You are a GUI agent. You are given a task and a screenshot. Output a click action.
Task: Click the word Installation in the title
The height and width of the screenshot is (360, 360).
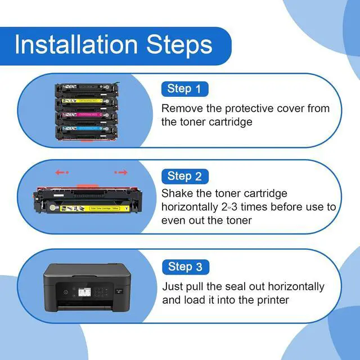coord(76,44)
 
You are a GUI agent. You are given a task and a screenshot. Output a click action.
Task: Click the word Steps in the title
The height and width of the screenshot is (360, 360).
coord(179,45)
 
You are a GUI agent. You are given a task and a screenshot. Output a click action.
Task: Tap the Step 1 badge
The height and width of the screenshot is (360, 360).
coord(185,89)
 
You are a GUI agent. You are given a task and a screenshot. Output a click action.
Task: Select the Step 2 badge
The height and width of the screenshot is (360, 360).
coord(185,176)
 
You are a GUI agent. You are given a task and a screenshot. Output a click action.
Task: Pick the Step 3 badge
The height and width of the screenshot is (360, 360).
coord(186,267)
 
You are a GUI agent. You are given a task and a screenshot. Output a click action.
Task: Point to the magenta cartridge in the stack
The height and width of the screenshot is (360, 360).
coord(87,116)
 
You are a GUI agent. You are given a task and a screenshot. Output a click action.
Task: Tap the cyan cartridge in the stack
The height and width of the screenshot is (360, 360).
coord(87,131)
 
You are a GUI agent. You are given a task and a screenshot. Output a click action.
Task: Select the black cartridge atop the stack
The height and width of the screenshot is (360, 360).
coord(87,89)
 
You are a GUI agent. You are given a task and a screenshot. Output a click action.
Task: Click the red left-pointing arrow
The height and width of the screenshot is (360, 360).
coord(62,172)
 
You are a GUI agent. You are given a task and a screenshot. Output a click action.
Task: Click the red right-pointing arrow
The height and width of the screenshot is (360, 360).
coord(121,172)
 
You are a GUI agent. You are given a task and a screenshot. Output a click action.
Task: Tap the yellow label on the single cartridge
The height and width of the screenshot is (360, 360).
coord(94,208)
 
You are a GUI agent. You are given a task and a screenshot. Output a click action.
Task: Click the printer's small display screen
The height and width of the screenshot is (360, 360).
coord(84,292)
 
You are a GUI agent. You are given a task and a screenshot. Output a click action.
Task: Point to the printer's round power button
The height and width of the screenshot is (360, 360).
coord(66,292)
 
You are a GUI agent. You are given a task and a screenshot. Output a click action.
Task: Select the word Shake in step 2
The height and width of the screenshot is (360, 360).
coord(177,193)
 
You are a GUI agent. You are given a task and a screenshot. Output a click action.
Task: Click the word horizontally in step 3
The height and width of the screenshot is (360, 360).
coord(296,286)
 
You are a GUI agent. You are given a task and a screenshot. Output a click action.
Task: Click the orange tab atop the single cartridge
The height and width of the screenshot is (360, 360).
coord(87,186)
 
